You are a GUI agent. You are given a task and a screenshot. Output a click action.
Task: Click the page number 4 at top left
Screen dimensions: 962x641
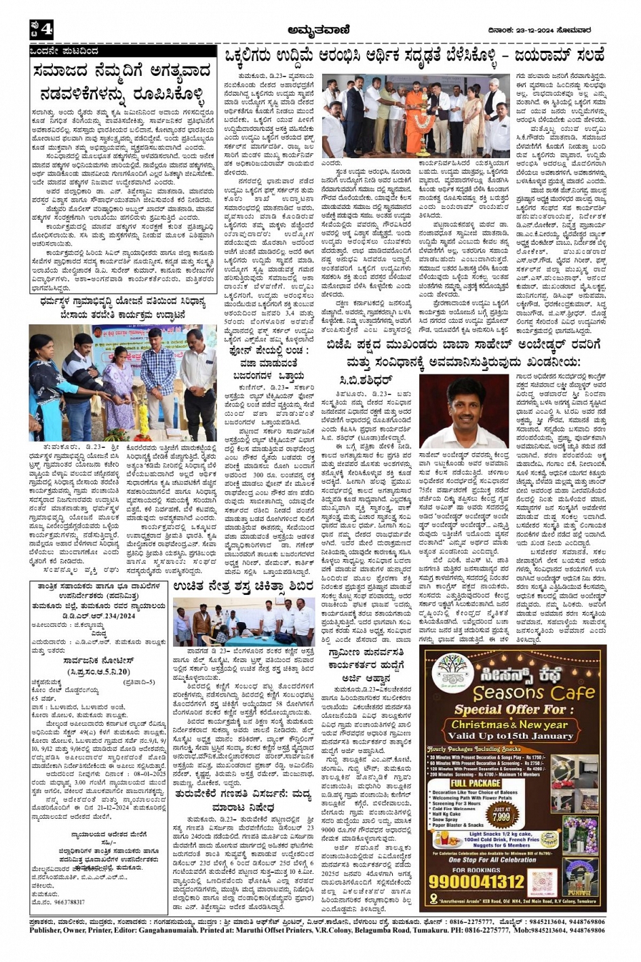tap(45, 29)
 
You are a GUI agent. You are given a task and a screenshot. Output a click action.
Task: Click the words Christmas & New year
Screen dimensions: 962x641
tap(513, 724)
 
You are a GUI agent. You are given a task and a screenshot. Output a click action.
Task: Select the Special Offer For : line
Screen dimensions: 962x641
tap(514, 710)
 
